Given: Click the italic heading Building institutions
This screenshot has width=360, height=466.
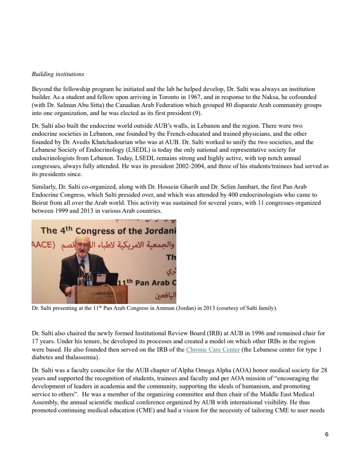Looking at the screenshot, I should (x=58, y=74).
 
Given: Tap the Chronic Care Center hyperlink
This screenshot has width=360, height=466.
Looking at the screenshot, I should (x=213, y=349).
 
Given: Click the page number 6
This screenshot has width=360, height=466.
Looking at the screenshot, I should (x=327, y=434).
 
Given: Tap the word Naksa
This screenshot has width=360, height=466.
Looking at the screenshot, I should (x=270, y=97).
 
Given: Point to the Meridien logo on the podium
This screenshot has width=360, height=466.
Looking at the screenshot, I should (x=102, y=293).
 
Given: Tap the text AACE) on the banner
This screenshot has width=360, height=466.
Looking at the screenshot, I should (x=43, y=244).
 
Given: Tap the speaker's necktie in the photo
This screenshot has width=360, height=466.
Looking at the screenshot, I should (x=83, y=269).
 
